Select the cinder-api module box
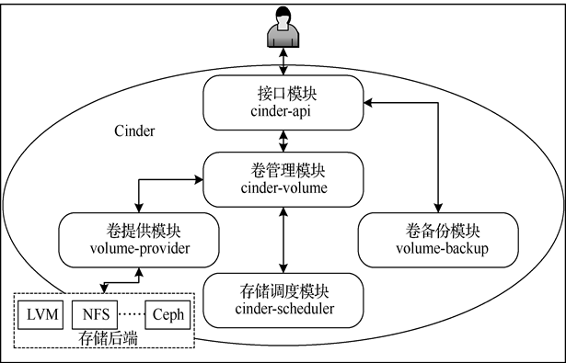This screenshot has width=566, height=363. pos(283,102)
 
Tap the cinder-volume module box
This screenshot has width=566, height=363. pos(283,179)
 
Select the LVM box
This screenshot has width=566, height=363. pos(42,315)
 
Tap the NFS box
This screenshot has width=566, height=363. pos(90,315)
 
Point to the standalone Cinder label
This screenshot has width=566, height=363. pos(135,131)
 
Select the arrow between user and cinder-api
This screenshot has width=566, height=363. pos(283,63)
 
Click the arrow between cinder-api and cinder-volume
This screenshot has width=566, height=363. pos(283,141)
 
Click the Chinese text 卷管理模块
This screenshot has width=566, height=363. pos(283,171)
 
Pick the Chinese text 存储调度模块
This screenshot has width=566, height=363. pos(283,291)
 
